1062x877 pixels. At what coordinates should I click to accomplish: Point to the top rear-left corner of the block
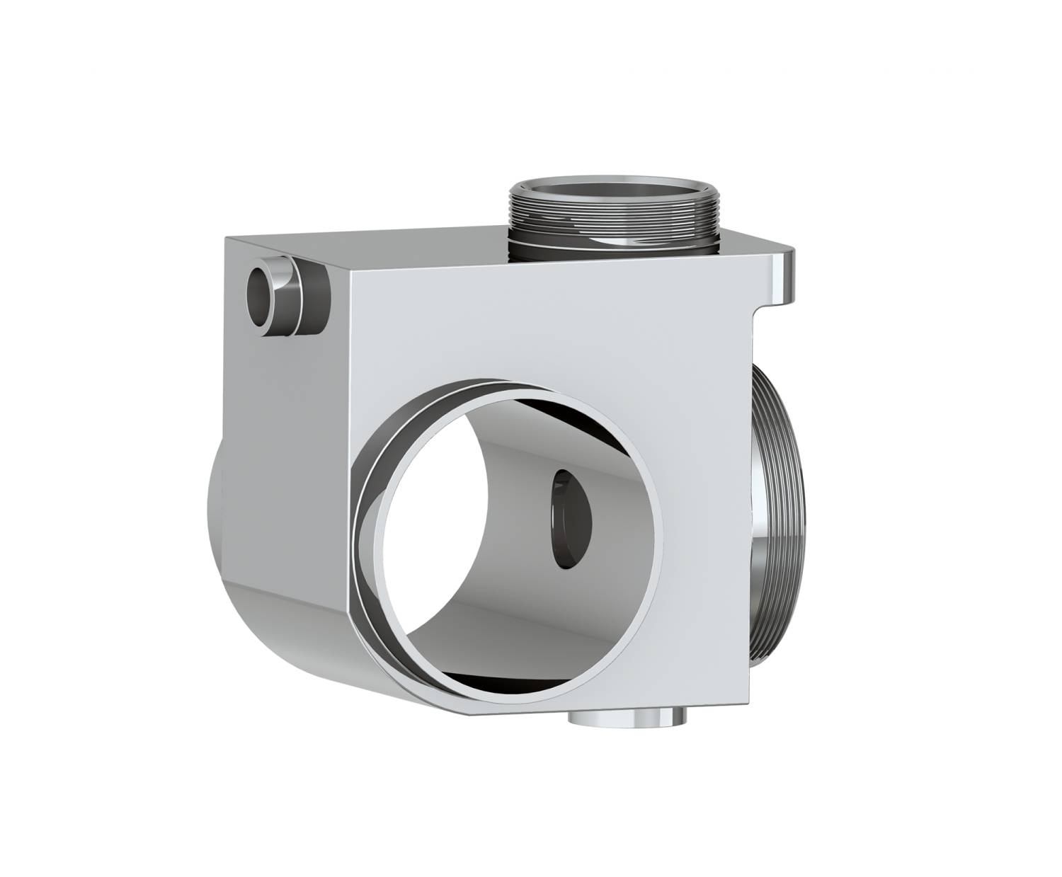point(227,239)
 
